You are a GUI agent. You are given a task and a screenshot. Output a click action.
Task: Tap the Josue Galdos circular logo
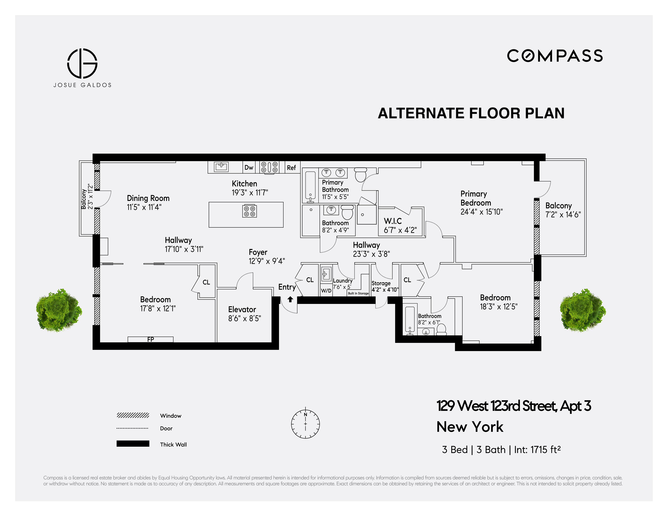pyautogui.click(x=82, y=63)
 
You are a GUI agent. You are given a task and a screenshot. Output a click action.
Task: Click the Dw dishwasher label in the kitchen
pyautogui.click(x=249, y=167)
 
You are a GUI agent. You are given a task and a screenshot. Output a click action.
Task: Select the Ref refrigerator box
pyautogui.click(x=292, y=167)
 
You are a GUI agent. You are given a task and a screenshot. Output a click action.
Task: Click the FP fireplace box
pyautogui.click(x=150, y=339)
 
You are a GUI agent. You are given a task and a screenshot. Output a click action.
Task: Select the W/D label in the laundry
pyautogui.click(x=326, y=290)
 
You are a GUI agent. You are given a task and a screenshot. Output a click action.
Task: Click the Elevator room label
pyautogui.click(x=242, y=309)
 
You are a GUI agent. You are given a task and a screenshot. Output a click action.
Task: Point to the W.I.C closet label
pyautogui.click(x=393, y=221)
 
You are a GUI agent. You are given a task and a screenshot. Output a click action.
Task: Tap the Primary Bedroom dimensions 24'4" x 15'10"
pyautogui.click(x=482, y=212)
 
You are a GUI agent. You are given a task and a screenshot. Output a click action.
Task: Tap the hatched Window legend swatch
pyautogui.click(x=133, y=415)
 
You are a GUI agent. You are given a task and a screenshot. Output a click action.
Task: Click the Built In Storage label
pyautogui.click(x=358, y=293)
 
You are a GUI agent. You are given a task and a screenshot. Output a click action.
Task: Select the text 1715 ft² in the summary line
pyautogui.click(x=545, y=450)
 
